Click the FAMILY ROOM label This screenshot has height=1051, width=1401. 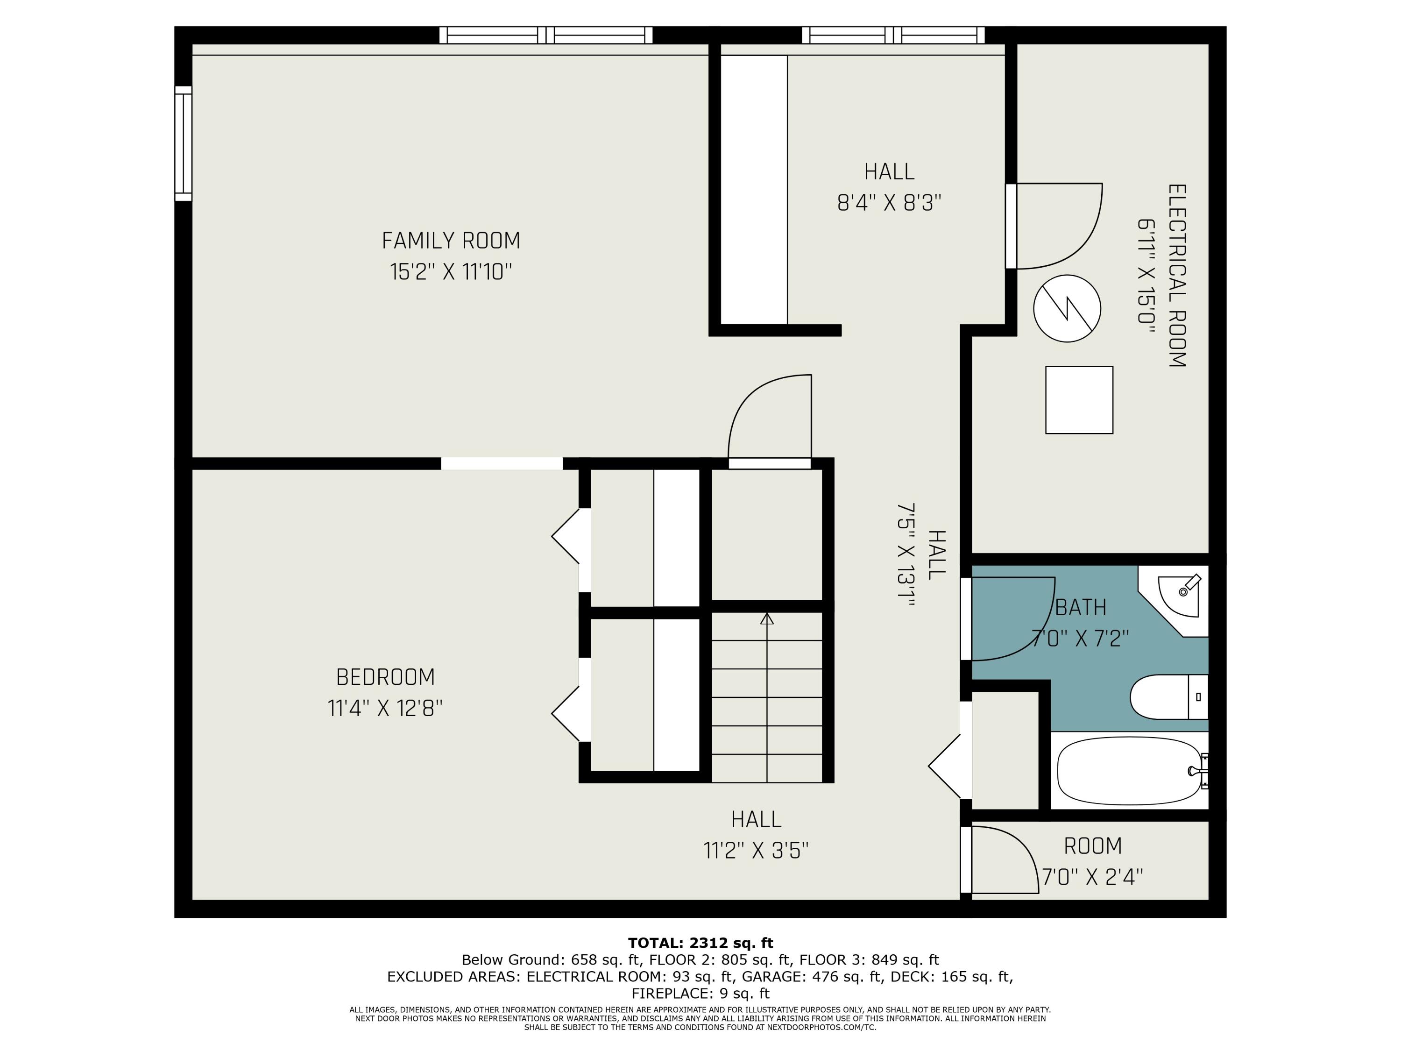(x=451, y=241)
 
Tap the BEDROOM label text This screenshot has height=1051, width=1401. (x=386, y=677)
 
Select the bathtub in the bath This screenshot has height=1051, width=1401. (x=1130, y=771)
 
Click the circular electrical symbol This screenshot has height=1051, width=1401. (x=1067, y=308)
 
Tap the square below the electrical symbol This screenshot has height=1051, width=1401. (x=1079, y=400)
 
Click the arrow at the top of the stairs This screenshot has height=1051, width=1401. (x=767, y=619)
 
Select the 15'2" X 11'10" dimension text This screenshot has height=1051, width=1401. (x=451, y=272)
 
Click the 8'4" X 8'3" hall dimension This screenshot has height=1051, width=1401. (x=889, y=203)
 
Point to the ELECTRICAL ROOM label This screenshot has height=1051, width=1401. (x=1177, y=276)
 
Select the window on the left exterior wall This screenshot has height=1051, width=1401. (x=183, y=143)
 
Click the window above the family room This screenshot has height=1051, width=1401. (x=546, y=35)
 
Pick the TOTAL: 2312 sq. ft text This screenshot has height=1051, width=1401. (x=700, y=943)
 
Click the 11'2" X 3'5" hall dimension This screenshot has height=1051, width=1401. (x=756, y=850)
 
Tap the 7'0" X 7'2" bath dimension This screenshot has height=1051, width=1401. (x=1081, y=638)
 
